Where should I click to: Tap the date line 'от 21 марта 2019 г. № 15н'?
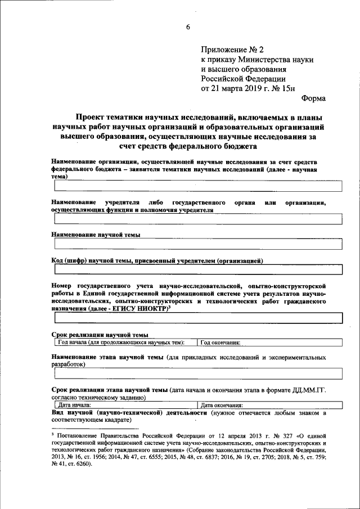(247, 88)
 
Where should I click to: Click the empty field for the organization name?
(197, 186)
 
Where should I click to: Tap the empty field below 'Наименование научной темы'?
(197, 244)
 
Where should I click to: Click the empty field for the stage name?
(197, 373)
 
